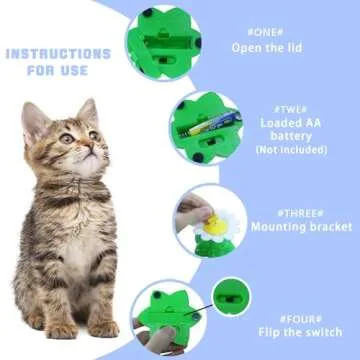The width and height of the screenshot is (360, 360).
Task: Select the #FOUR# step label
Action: point(300,318)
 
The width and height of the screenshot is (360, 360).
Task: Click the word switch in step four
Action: point(320,333)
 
